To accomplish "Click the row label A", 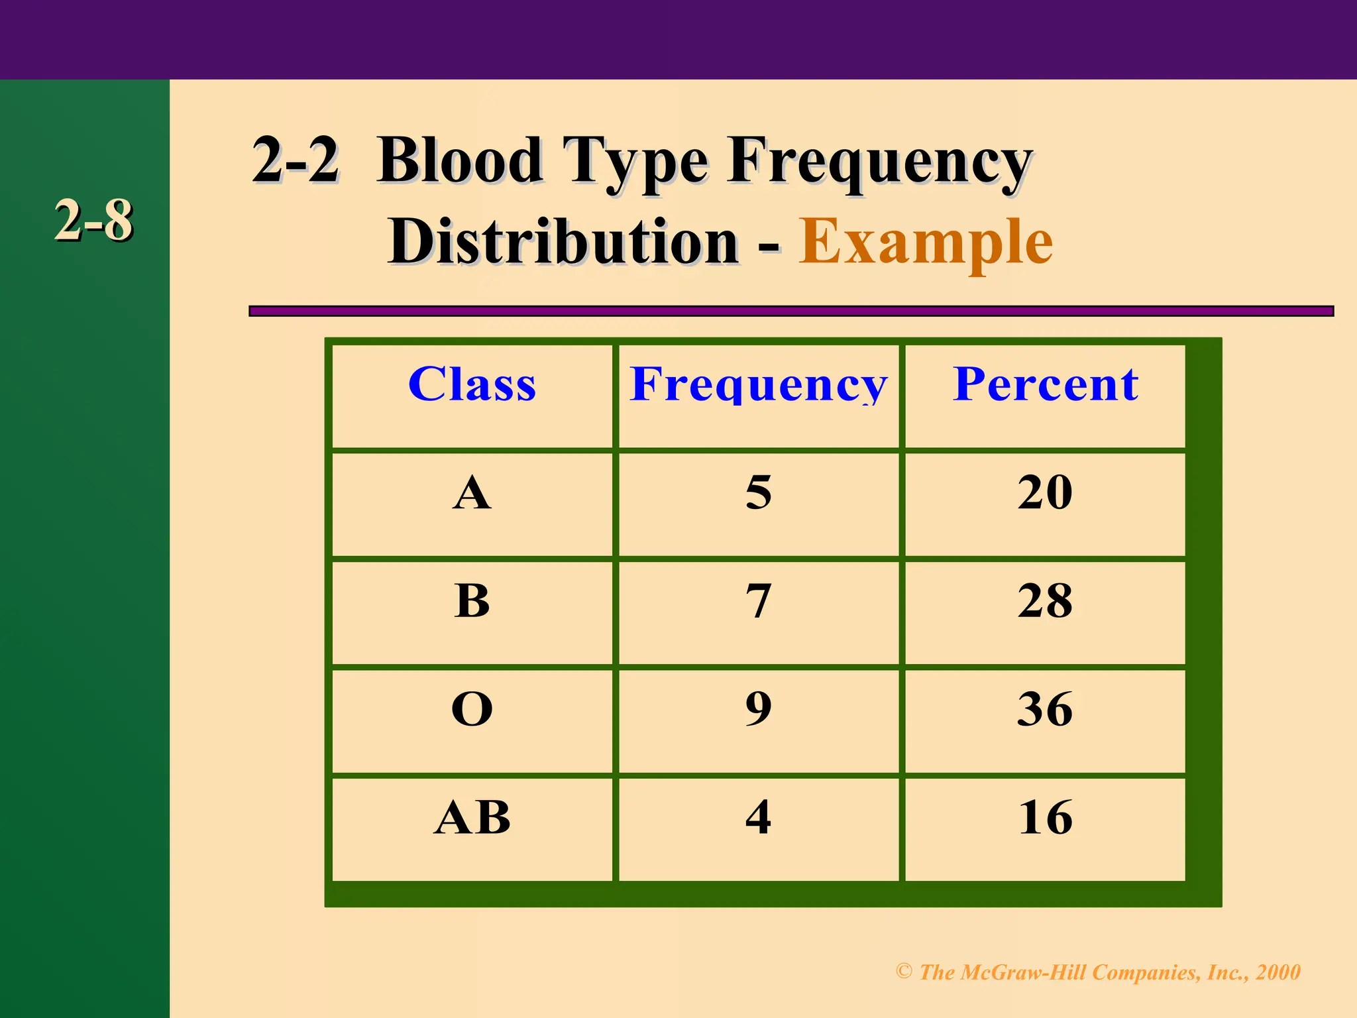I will tap(472, 493).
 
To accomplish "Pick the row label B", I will tap(472, 601).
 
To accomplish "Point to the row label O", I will tap(472, 709).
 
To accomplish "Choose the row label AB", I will tap(472, 818).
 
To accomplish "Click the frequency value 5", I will tap(759, 493).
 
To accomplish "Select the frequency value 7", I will tap(759, 601).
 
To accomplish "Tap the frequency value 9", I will tap(759, 709).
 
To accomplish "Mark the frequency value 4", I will tap(759, 818).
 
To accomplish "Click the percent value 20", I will tap(1045, 493).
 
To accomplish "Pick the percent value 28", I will tap(1045, 601).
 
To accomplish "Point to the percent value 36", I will tap(1045, 709).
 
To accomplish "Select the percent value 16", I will tap(1045, 818).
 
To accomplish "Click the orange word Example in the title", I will tap(925, 243).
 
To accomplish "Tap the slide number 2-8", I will tap(93, 221).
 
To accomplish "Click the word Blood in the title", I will tap(460, 160).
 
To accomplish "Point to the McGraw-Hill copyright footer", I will tap(1098, 972).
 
